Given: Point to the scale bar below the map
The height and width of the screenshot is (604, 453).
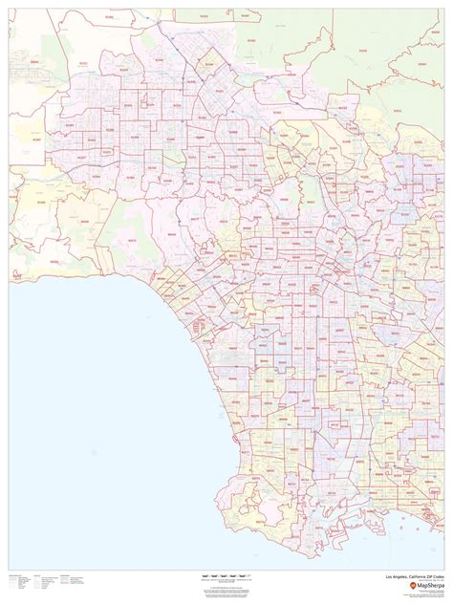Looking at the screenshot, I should pyautogui.click(x=226, y=576).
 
